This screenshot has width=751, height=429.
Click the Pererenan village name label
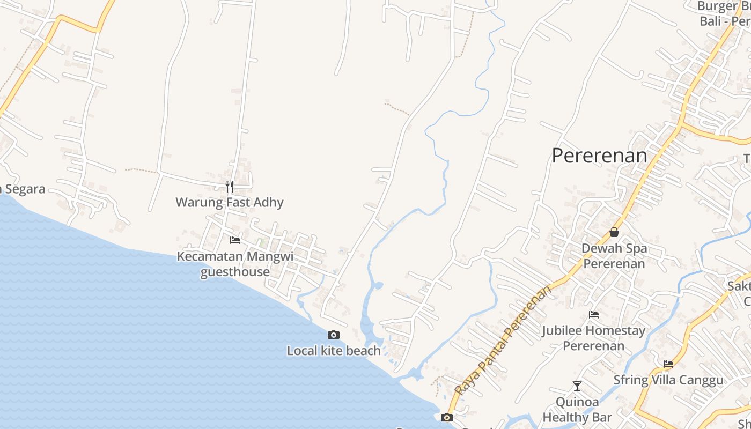pyautogui.click(x=599, y=156)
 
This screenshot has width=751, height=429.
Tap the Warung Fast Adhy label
pyautogui.click(x=230, y=202)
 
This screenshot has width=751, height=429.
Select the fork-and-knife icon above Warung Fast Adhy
pyautogui.click(x=230, y=187)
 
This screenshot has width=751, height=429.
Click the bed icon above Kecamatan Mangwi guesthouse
pyautogui.click(x=235, y=240)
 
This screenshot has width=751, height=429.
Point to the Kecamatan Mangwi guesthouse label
pyautogui.click(x=235, y=264)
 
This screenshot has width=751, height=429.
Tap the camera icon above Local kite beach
pyautogui.click(x=334, y=335)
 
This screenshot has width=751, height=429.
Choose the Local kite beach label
pyautogui.click(x=334, y=351)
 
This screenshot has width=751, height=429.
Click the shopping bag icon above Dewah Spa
pyautogui.click(x=614, y=232)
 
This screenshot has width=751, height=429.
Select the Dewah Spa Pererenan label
pyautogui.click(x=614, y=256)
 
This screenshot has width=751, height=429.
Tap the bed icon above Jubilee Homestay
pyautogui.click(x=594, y=315)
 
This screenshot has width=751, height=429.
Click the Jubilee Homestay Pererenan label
pyautogui.click(x=594, y=338)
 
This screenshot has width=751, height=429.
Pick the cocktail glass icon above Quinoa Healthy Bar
pyautogui.click(x=577, y=386)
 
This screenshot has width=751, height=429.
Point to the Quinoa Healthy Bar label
pyautogui.click(x=577, y=409)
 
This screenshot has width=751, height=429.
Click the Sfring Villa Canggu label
pyautogui.click(x=668, y=380)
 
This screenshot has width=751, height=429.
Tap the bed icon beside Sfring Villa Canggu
pyautogui.click(x=668, y=364)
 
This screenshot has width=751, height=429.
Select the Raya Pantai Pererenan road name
pyautogui.click(x=503, y=340)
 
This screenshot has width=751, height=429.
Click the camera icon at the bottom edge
pyautogui.click(x=447, y=418)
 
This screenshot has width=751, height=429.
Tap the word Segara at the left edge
pyautogui.click(x=24, y=189)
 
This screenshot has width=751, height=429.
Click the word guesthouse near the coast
pyautogui.click(x=235, y=272)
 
